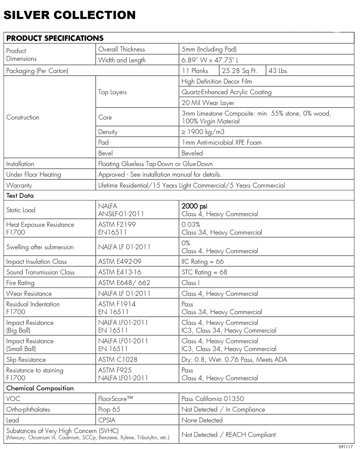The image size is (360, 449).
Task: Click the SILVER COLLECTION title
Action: pyautogui.click(x=69, y=15)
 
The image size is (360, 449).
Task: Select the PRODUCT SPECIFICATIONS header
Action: pyautogui.click(x=55, y=38)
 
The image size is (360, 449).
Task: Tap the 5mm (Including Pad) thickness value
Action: pyautogui.click(x=209, y=49)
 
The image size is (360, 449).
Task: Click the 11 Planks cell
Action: pyautogui.click(x=195, y=71)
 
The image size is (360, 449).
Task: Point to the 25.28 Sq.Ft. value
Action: pyautogui.click(x=239, y=71)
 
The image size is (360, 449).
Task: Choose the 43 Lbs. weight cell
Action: pyautogui.click(x=278, y=71)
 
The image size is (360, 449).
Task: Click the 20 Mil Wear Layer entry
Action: pyautogui.click(x=208, y=103)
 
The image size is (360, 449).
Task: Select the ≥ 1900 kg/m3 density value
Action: pyautogui.click(x=203, y=132)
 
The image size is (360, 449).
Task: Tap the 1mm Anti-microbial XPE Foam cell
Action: pyautogui.click(x=221, y=143)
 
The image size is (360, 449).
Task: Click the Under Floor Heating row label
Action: pyautogui.click(x=34, y=175)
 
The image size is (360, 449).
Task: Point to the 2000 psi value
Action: pyautogui.click(x=194, y=206)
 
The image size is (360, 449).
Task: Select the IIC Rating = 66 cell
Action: pyautogui.click(x=202, y=262)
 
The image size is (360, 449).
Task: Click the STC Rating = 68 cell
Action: pyautogui.click(x=204, y=272)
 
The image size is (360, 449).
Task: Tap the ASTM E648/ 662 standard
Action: pyautogui.click(x=124, y=283)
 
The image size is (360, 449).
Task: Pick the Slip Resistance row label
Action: pyautogui.click(x=26, y=360)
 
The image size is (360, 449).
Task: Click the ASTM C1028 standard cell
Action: pyautogui.click(x=118, y=360)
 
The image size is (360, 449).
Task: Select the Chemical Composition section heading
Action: pyautogui.click(x=40, y=388)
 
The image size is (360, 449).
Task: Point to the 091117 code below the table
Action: pyautogui.click(x=345, y=446)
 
